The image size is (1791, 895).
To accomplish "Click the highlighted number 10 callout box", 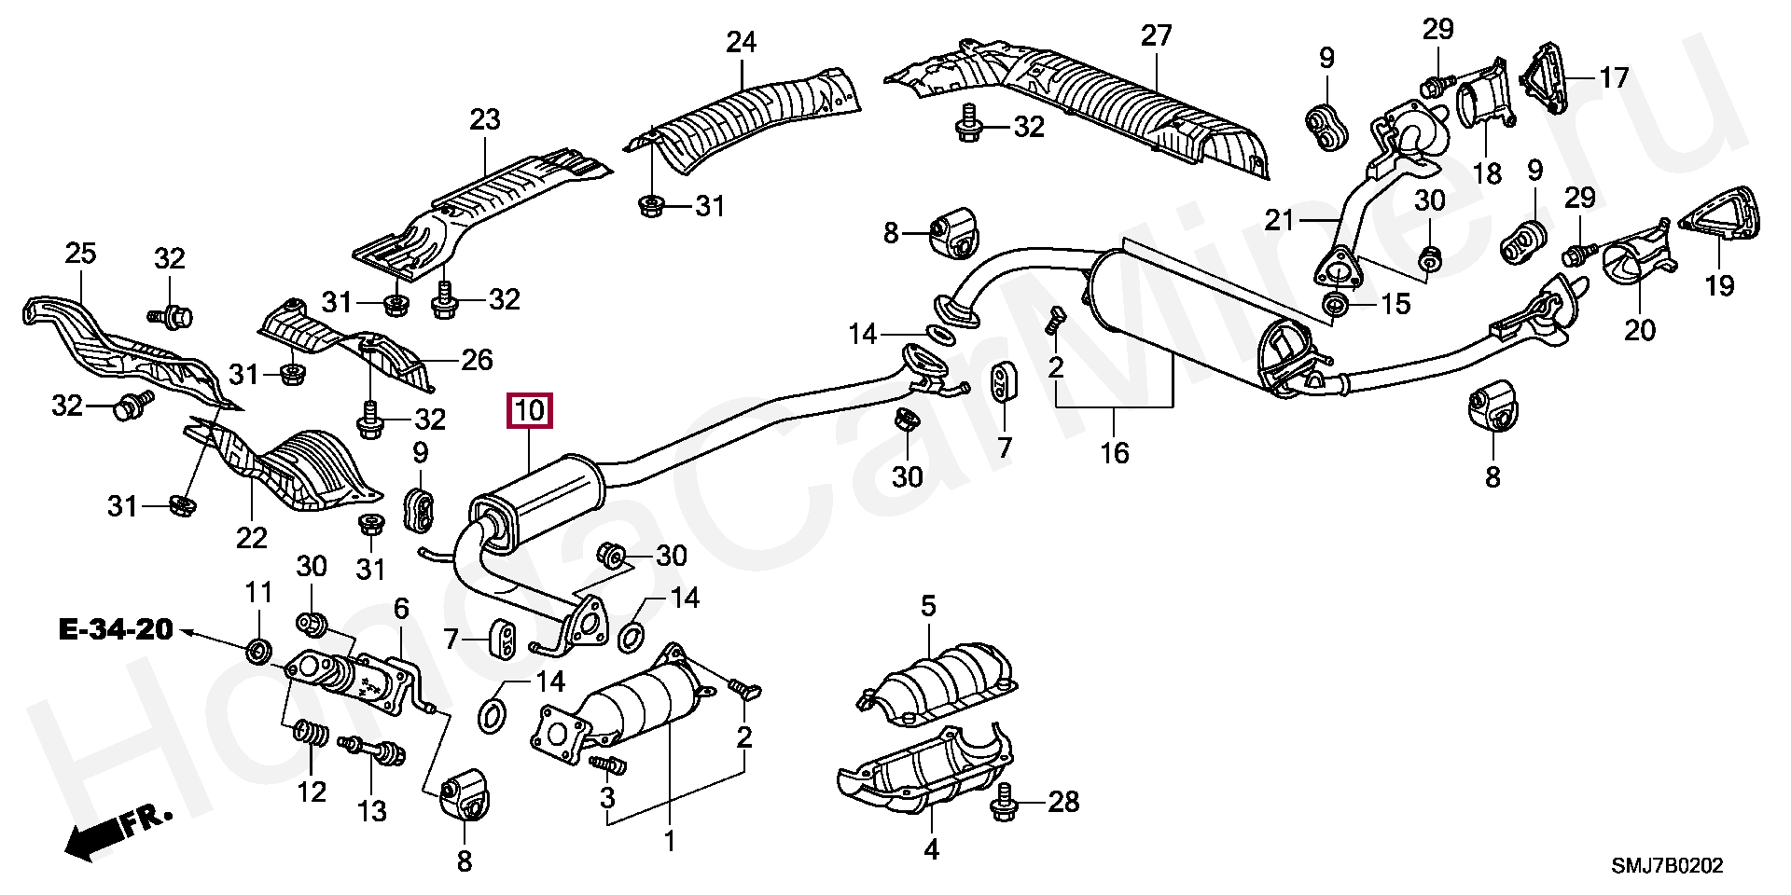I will pos(529,411).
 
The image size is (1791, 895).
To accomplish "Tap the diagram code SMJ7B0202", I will pos(1667,866).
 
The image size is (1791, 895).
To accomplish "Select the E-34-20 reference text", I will pos(116,630).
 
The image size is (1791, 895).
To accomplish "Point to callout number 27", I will pos(1156,35).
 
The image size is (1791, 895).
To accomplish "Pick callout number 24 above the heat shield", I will pos(742,42).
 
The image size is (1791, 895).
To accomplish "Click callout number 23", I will pos(485,119).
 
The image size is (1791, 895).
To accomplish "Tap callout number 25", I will pos(81,253).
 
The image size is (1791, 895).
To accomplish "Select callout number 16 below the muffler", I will pos(1115,453).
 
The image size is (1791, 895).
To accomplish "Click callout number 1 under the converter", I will pos(670,842).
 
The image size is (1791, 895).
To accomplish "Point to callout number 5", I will pos(928,606).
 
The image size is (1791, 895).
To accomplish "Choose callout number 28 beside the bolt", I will pos(1063,802).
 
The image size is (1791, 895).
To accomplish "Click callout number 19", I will pos(1719,285).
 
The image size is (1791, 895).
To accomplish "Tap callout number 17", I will pos(1614,77).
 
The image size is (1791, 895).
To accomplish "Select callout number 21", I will pos(1280,220).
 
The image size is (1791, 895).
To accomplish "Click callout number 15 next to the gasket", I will pos(1395,304).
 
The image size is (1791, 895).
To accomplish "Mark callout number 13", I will pos(371,811).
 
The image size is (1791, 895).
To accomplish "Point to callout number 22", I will pos(251,538).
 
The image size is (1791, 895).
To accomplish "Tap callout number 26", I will pos(477,360).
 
